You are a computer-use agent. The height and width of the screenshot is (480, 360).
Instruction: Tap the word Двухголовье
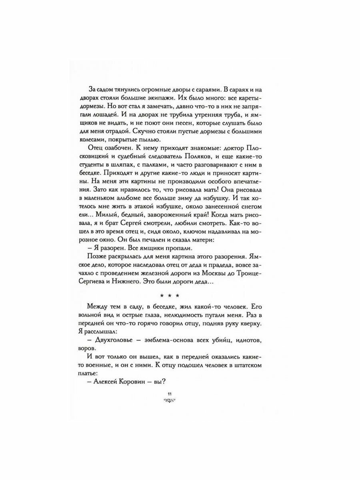tap(117, 339)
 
